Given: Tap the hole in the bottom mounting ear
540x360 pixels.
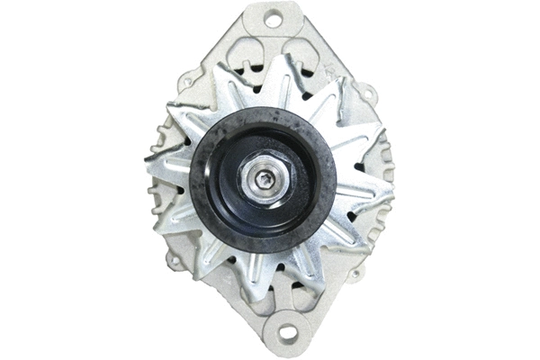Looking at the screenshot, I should (286, 333).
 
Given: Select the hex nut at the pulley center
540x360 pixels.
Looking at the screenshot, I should (263, 180).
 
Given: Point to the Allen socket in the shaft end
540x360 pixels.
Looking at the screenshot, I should (263, 181).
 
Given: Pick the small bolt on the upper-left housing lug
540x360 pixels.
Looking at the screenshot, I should (186, 81).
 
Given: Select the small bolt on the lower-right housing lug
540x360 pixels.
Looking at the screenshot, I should (357, 274).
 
